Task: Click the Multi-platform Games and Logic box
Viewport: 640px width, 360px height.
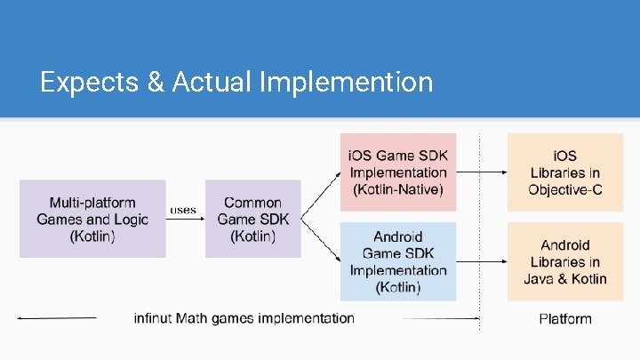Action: (x=92, y=219)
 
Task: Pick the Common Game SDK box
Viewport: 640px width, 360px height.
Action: (x=252, y=219)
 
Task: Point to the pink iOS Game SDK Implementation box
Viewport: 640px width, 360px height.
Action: (x=398, y=172)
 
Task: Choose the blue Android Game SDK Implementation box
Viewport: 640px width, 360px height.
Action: (x=398, y=261)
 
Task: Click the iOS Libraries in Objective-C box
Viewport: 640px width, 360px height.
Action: (x=564, y=172)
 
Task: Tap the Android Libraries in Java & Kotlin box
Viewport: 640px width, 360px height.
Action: (x=564, y=261)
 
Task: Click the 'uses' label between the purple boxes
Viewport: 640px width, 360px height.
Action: (x=183, y=210)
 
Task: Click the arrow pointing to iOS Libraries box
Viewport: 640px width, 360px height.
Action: (x=481, y=172)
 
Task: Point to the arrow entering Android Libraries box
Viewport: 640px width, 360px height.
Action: (x=481, y=261)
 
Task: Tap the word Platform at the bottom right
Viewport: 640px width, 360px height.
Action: (x=564, y=318)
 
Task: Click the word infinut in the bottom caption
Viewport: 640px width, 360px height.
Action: (x=155, y=317)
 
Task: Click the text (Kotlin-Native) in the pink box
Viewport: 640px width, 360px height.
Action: (x=398, y=189)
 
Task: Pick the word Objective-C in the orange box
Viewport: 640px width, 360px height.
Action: (x=564, y=189)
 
